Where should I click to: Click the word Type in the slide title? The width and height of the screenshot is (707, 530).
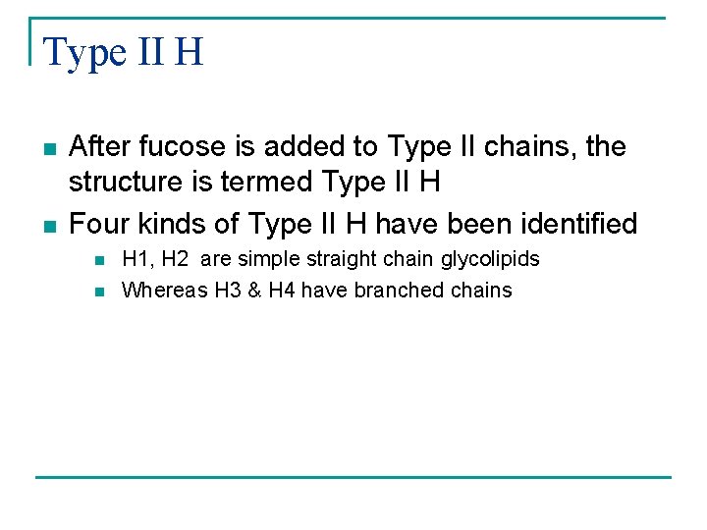80,52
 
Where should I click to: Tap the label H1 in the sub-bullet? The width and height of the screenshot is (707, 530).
136,260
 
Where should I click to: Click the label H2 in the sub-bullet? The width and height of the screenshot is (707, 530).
174,260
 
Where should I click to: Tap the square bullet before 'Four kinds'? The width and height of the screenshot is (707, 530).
50,227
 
